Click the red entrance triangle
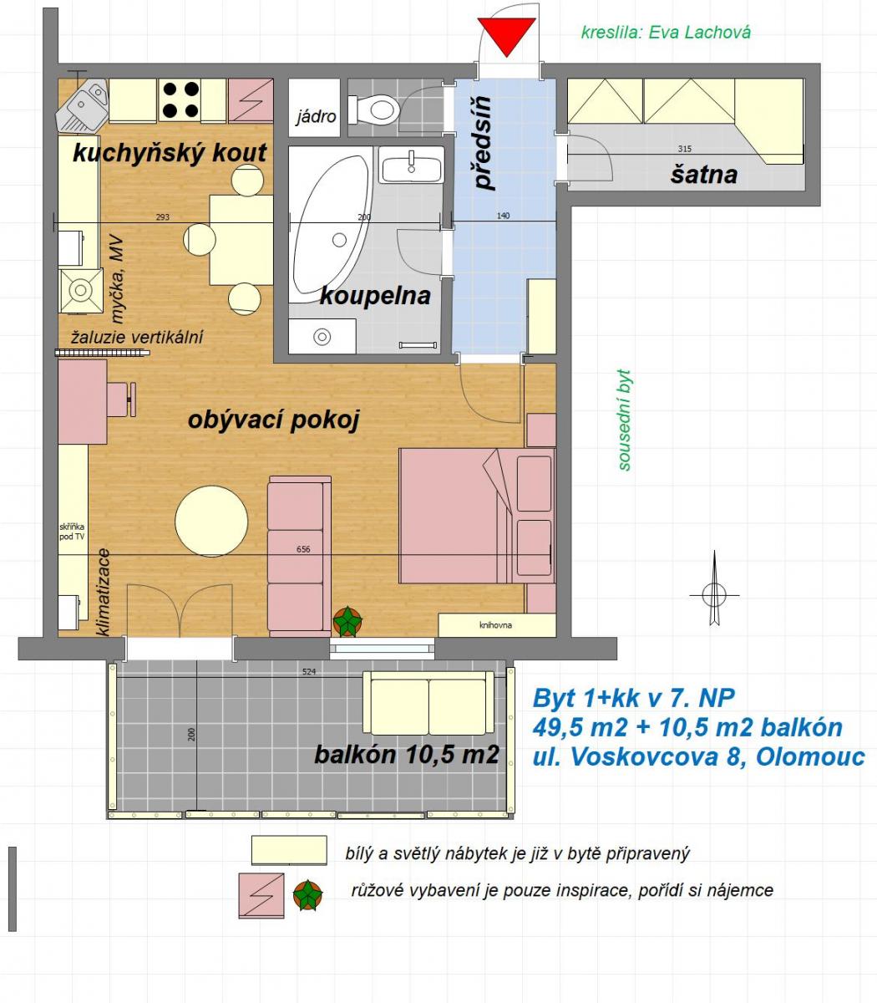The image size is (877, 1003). [x=506, y=34]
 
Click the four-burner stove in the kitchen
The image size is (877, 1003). [x=180, y=100]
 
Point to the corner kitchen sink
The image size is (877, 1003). [x=82, y=105]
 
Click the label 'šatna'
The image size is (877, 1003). [x=703, y=175]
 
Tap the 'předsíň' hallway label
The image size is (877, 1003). [x=483, y=143]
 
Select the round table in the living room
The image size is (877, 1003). [x=211, y=521]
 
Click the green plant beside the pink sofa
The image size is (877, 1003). [x=347, y=621]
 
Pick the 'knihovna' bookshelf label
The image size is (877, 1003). [x=495, y=625]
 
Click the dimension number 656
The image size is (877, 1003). [x=303, y=549]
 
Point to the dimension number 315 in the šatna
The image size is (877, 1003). [x=684, y=149]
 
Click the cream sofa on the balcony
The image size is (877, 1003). [x=428, y=702]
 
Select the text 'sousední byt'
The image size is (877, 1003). [x=624, y=420]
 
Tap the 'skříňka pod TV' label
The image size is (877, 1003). [x=72, y=532]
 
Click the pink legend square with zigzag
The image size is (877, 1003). [x=261, y=896]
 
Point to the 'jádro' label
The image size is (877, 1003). [x=316, y=117]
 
